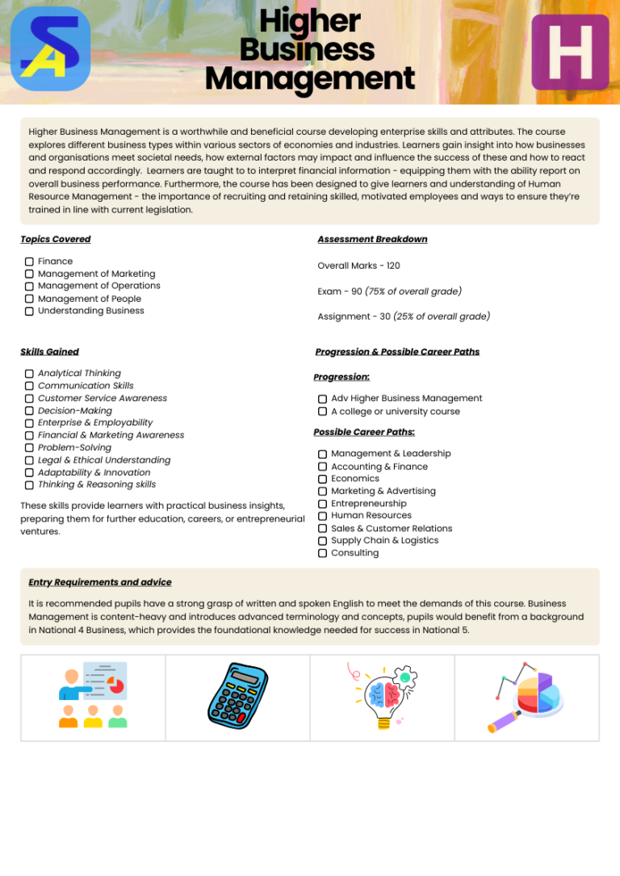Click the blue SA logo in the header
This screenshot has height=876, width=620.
point(50,49)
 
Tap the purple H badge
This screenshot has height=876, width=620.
point(570,52)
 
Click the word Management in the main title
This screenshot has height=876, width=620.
point(310,79)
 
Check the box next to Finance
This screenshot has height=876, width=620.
point(29,262)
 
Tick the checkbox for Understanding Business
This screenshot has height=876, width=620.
point(29,311)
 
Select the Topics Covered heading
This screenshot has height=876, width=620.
point(55,239)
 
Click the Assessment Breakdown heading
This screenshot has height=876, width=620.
point(372,239)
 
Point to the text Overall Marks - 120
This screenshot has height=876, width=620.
point(358,266)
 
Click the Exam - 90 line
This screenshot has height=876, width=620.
point(389,291)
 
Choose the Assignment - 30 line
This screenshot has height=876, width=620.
point(403,316)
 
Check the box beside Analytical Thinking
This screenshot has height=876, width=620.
point(29,374)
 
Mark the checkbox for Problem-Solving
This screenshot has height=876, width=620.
point(29,448)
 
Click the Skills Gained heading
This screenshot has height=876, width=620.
point(49,351)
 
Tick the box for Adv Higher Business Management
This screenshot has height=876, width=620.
point(322,399)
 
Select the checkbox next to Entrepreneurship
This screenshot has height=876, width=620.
point(322,504)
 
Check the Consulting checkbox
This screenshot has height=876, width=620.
point(322,553)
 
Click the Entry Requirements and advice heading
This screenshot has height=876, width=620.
point(99,582)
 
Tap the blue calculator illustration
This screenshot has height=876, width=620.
point(237,697)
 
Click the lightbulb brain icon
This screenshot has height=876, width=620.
point(382,697)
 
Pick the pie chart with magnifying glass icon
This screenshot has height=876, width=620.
point(527,697)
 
